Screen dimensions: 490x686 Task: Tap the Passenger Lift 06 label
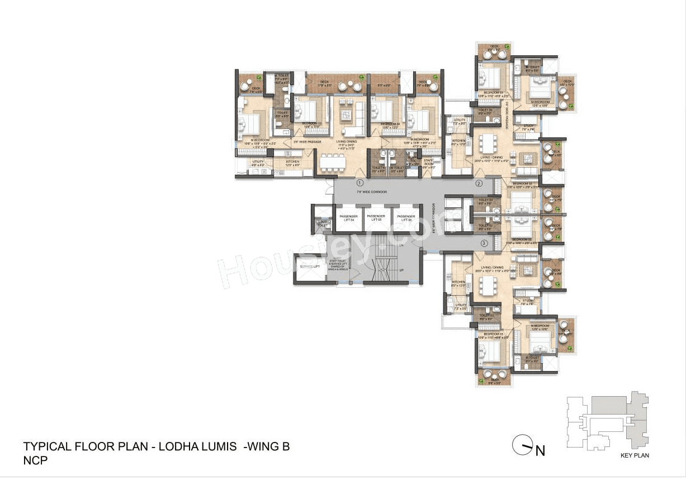coord(404,218)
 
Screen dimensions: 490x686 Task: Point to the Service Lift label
coord(309,267)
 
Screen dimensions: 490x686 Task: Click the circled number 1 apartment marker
coord(361,183)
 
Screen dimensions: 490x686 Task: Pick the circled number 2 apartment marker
coord(479,183)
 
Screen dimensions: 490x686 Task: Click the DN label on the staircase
coord(401,245)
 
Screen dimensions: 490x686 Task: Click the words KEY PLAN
coord(635,455)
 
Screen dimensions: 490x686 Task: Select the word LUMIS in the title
coord(216,446)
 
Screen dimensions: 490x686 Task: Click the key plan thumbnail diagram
coord(608,419)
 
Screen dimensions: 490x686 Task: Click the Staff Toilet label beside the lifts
coord(323,223)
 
